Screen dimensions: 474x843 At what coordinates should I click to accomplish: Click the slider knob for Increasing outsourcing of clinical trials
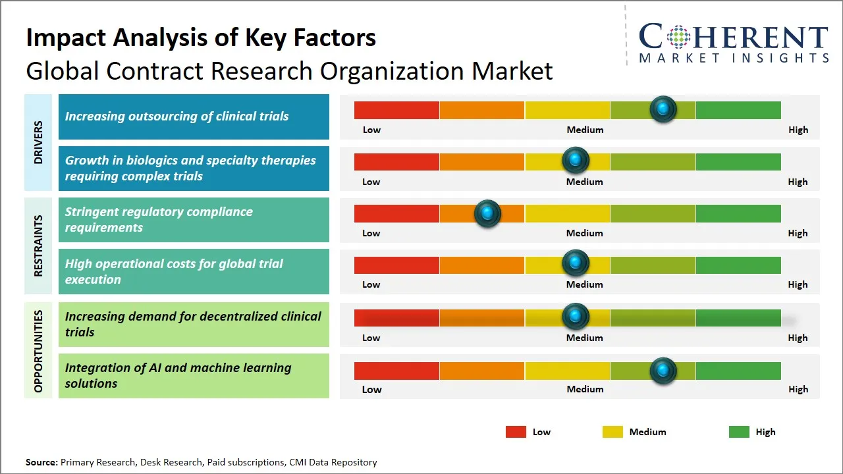pos(663,109)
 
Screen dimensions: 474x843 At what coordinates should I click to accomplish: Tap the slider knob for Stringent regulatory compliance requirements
pos(487,213)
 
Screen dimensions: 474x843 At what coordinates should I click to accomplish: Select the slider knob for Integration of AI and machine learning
pos(663,371)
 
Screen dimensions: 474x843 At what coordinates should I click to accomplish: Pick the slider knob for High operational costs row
pos(576,263)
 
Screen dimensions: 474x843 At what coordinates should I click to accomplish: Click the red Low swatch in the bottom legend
pos(516,432)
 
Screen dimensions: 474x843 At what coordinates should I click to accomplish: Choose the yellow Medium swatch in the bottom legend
pos(612,432)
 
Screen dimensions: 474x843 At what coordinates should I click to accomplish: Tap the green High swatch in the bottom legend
pos(739,432)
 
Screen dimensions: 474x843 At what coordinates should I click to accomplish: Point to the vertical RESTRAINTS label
pos(38,246)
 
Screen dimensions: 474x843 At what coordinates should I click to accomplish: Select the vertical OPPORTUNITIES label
pos(38,351)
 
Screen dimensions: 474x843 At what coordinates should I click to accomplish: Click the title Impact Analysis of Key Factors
pos(201,38)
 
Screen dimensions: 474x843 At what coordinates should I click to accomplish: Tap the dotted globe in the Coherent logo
pos(678,37)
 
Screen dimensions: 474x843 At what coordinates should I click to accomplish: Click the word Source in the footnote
pos(41,462)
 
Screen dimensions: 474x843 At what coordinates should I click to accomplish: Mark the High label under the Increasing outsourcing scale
pos(798,130)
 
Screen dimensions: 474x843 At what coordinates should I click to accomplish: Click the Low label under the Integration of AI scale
pos(371,389)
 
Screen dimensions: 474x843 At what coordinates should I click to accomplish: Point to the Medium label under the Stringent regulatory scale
pos(584,233)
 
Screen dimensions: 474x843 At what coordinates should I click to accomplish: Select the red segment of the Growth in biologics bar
pos(396,161)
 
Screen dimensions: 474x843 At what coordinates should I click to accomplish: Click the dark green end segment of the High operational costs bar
pos(738,265)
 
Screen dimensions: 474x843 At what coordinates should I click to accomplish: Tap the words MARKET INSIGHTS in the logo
pos(734,59)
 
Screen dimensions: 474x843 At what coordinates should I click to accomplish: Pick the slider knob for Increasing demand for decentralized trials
pos(576,317)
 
